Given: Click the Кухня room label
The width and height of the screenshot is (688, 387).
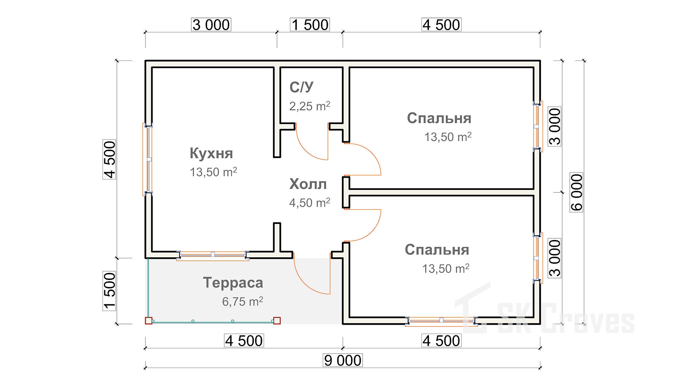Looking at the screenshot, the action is point(211,153).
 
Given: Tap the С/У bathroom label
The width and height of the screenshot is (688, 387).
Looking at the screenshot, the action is point(301,87).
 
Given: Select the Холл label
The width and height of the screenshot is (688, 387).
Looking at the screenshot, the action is point(308,184).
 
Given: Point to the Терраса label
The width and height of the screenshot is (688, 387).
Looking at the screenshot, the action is point(233,283).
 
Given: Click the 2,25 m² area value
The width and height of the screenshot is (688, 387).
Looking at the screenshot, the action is point(310,106).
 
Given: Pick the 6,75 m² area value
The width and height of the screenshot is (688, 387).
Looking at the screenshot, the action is point(243,301).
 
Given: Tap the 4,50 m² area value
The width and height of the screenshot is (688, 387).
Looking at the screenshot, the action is point(310,202).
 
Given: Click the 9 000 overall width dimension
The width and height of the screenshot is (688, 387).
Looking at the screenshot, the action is point(343,360).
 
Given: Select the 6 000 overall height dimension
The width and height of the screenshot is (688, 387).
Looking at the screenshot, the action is point(577,192).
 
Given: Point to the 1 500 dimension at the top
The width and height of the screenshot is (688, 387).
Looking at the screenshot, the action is point(310,25).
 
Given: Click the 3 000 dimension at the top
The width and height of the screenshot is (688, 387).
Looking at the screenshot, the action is point(211,25).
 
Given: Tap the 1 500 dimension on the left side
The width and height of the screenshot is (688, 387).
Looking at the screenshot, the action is point(110,291).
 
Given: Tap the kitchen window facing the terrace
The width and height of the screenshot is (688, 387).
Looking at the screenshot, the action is point(213,254).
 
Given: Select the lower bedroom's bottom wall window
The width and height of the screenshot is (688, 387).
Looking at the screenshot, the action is point(441,320).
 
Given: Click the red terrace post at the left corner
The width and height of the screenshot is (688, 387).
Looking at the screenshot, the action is point(148,321).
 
